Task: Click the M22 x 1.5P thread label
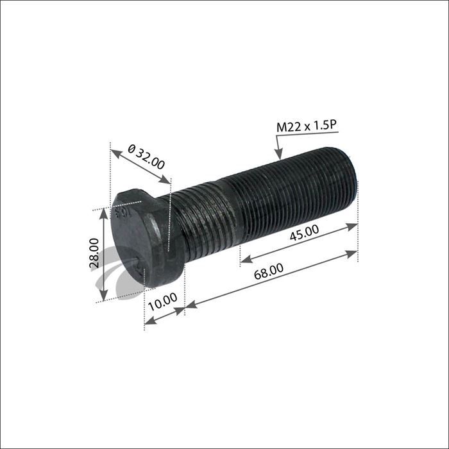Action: coord(306,126)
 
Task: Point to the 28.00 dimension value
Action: coord(94,252)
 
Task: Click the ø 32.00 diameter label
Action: coord(146,156)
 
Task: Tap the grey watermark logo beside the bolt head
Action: coord(106,282)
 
